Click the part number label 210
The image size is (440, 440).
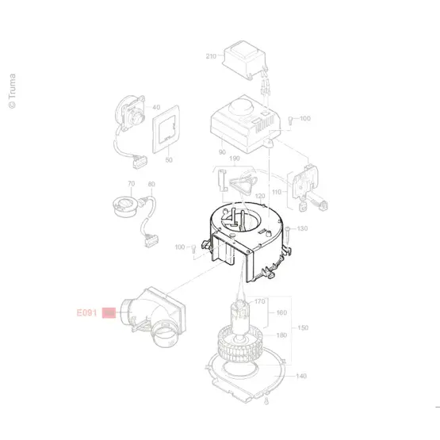(211, 56)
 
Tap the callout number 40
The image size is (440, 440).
(156, 107)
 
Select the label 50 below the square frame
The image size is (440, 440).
(169, 160)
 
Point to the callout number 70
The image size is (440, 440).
(132, 183)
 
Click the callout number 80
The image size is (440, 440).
(151, 184)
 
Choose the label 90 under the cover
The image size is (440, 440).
(222, 152)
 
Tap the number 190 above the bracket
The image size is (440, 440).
(235, 159)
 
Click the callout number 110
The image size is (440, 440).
(277, 192)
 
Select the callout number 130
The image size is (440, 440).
(302, 228)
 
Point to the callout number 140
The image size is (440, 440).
(301, 376)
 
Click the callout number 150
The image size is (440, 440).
(303, 327)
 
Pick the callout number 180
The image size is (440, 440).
(281, 335)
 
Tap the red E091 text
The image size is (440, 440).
(86, 312)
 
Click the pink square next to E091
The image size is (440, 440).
(109, 312)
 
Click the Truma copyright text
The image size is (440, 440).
(12, 91)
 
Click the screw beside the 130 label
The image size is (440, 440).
(288, 235)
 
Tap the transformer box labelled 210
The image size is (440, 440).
(244, 60)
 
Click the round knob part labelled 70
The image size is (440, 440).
(125, 206)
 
